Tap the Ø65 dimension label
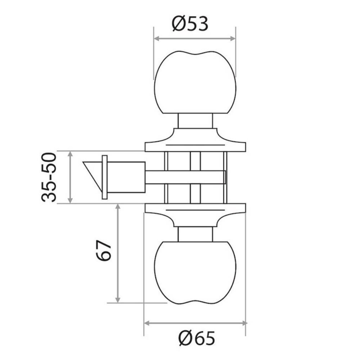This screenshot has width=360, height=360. (x=197, y=338)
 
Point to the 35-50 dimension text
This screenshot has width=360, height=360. (x=49, y=177)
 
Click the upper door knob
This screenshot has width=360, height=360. (x=195, y=83)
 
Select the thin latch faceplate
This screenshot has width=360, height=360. (x=105, y=177)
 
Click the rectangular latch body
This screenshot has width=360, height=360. (x=126, y=177)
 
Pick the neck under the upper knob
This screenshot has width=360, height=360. (x=195, y=121)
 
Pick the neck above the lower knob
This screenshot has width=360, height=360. (x=195, y=234)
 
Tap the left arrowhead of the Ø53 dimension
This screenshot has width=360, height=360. (x=157, y=39)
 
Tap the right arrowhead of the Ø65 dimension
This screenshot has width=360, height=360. (x=244, y=323)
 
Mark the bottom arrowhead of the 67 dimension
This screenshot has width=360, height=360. (x=117, y=300)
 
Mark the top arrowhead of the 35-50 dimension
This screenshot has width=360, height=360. (x=70, y=154)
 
